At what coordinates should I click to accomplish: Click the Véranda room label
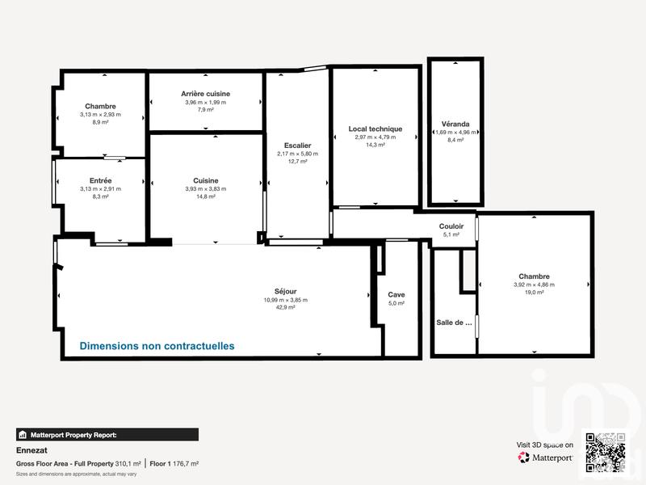455,124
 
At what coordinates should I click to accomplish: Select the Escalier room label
297,145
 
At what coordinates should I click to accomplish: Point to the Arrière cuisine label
205,95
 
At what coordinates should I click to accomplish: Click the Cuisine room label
205,181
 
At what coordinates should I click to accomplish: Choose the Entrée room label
100,180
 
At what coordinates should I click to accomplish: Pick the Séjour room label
285,292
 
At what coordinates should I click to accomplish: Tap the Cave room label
396,295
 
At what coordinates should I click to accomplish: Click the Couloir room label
451,226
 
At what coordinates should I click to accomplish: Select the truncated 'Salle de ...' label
454,323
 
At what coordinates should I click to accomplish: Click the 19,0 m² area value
535,293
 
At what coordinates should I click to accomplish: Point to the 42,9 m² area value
285,308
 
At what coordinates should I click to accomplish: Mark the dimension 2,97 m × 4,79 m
375,137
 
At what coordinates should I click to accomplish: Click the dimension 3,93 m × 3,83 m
205,189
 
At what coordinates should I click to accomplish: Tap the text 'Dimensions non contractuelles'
157,346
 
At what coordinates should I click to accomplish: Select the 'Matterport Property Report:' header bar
107,434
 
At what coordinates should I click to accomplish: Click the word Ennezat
31,450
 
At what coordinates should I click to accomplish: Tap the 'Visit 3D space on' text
545,445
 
